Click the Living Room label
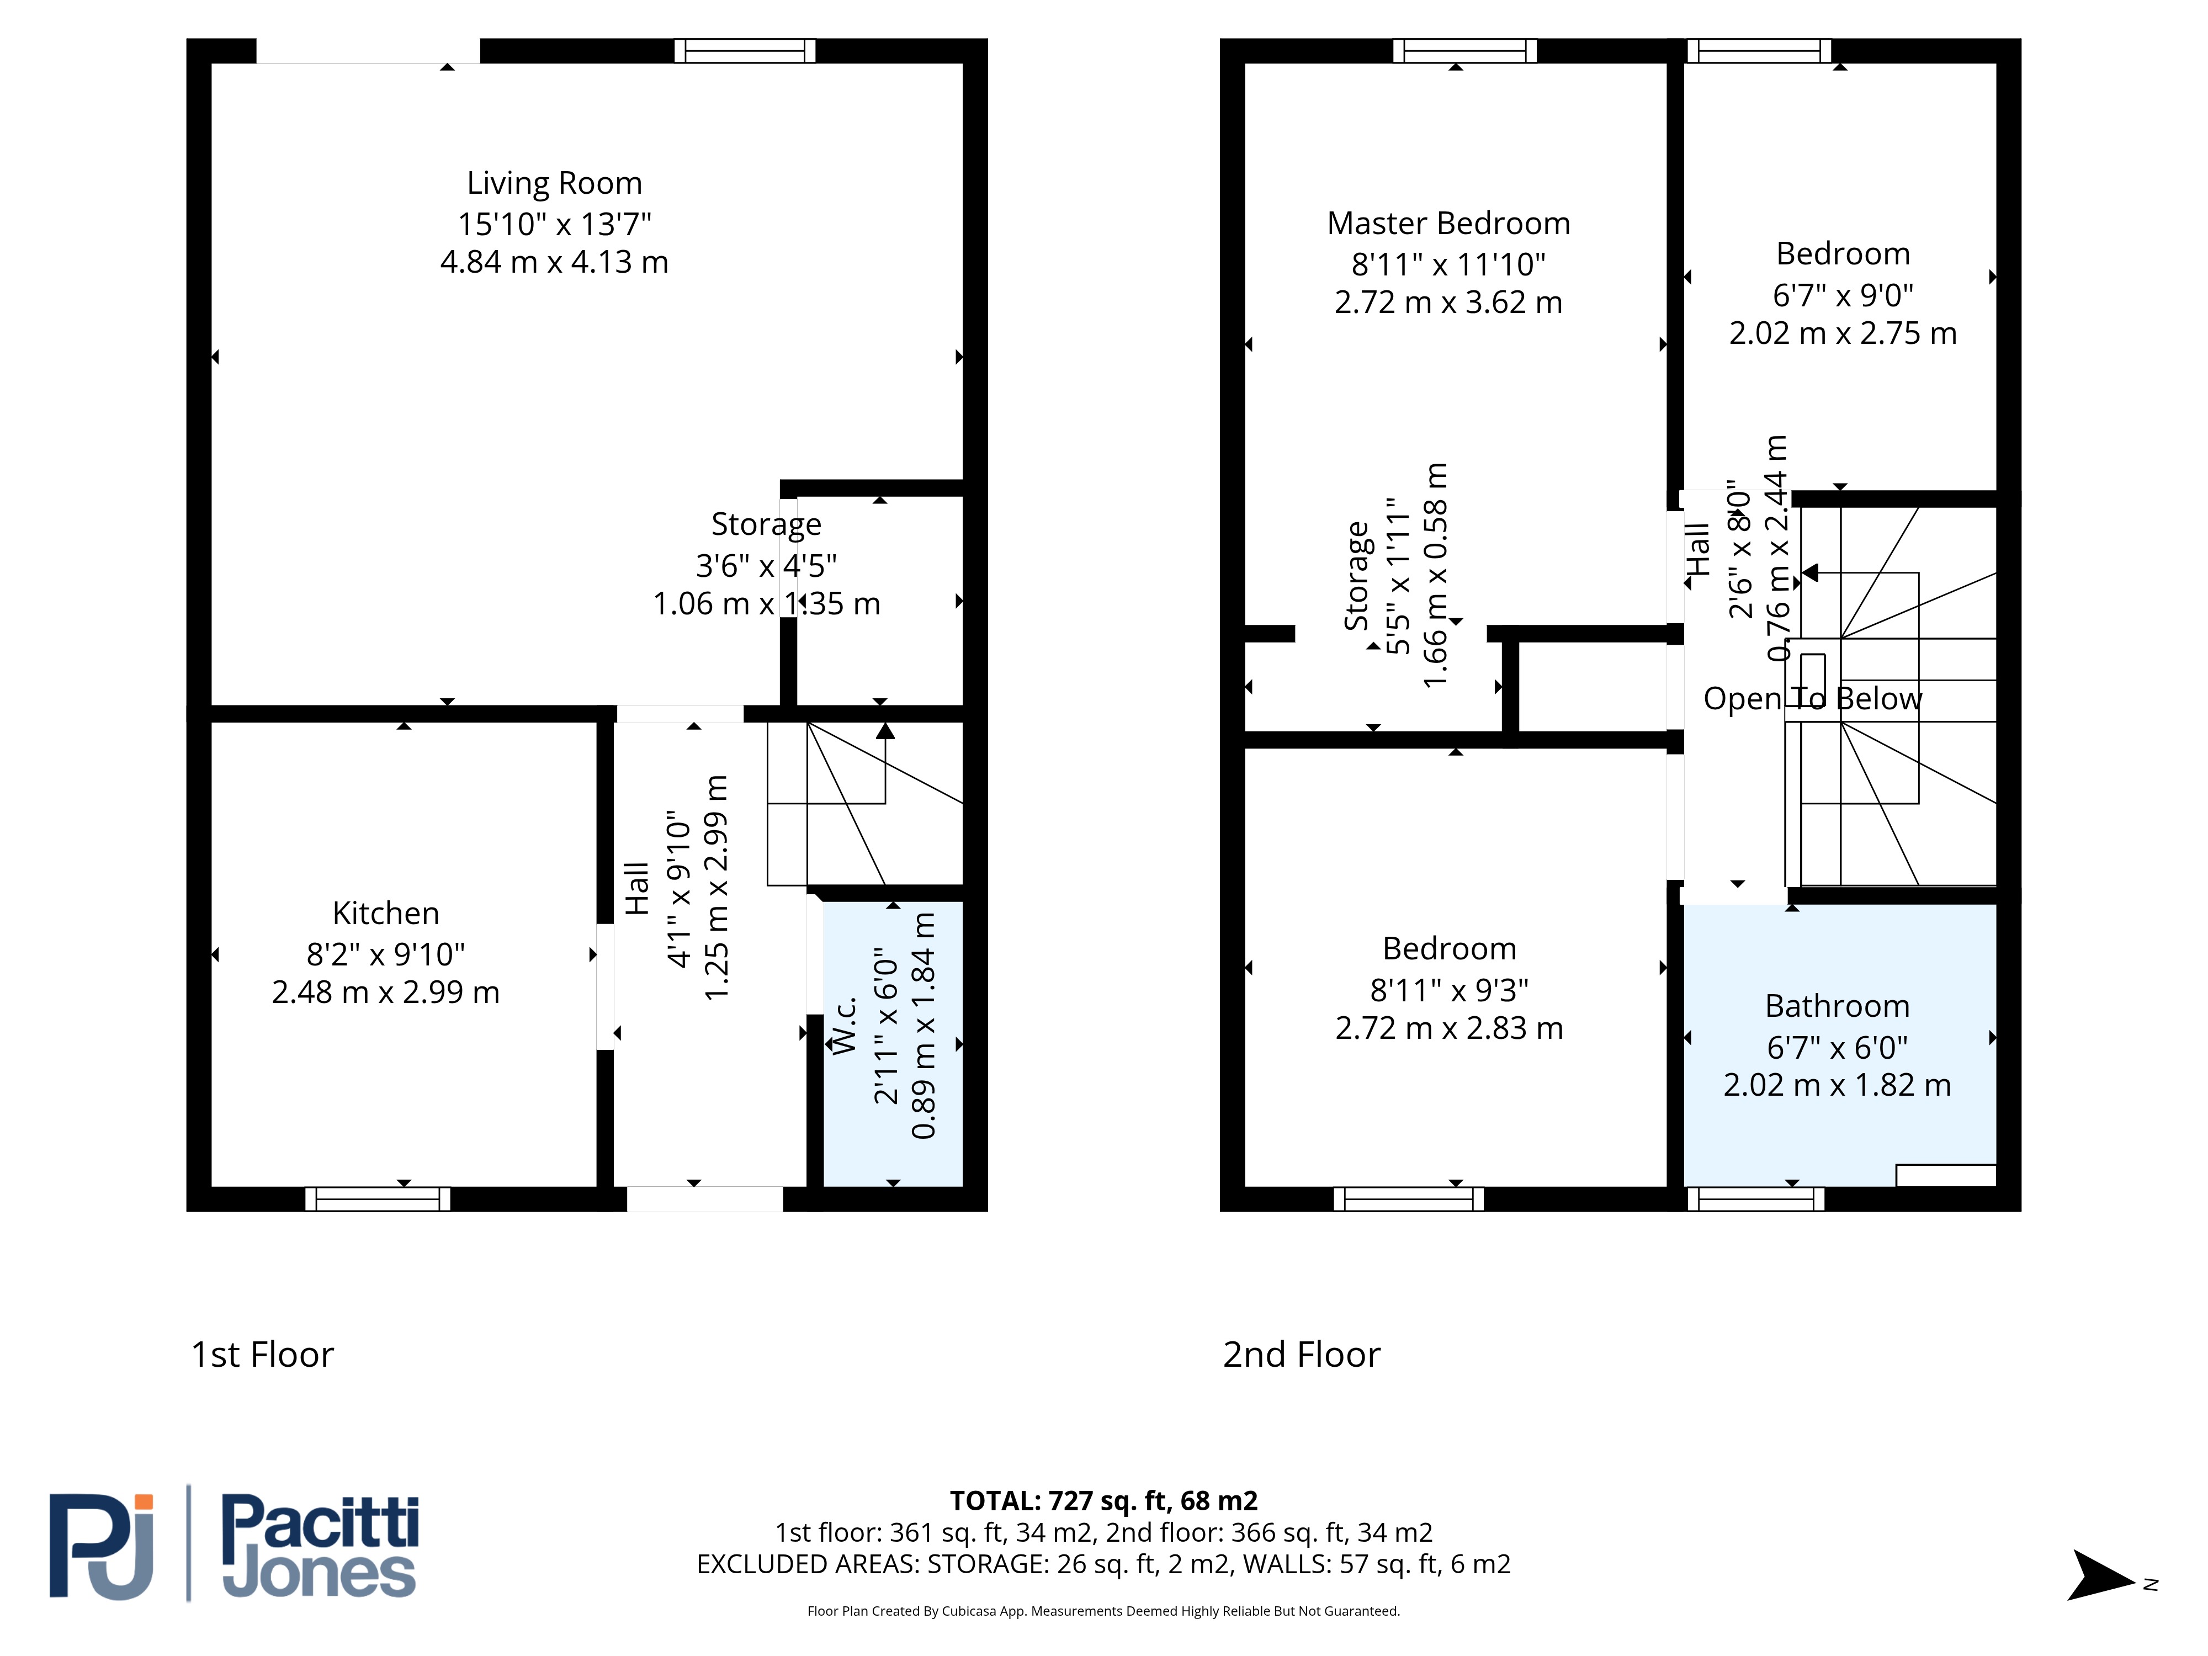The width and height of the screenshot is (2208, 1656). coord(554,184)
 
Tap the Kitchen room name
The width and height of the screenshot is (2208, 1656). coord(385,914)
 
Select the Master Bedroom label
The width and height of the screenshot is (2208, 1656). coord(1448,224)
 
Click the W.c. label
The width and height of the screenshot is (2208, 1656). coord(845,1025)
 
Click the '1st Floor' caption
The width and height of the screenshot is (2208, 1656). coord(263,1355)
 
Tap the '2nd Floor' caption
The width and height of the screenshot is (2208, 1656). coord(1302,1355)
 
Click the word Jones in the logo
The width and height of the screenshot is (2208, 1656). coord(320,1575)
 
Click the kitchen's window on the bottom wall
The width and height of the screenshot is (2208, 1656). coord(378,1199)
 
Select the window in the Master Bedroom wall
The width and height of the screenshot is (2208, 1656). coord(1464,51)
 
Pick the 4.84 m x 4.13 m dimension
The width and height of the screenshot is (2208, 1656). coord(554,263)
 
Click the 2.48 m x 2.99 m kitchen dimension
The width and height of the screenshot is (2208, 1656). coord(385,993)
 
